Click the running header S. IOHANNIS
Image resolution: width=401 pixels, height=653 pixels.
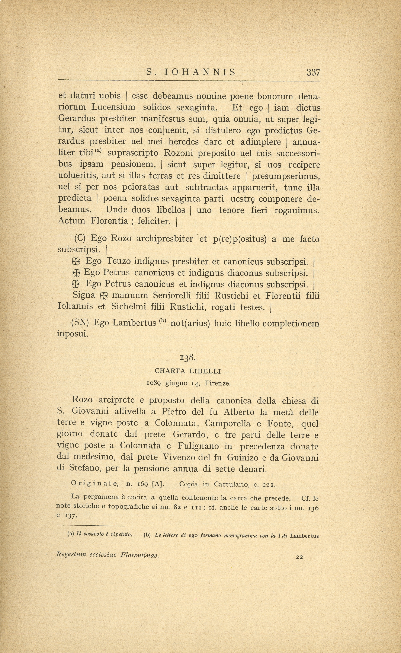pyautogui.click(x=191, y=72)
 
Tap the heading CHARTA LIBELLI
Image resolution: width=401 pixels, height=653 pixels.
pyautogui.click(x=188, y=371)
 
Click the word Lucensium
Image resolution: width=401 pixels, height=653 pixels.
pyautogui.click(x=113, y=108)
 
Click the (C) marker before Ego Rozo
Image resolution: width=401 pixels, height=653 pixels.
pyautogui.click(x=80, y=239)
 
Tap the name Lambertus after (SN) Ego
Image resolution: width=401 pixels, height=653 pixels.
pyautogui.click(x=134, y=323)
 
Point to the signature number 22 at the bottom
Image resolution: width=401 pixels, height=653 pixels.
pyautogui.click(x=299, y=557)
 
